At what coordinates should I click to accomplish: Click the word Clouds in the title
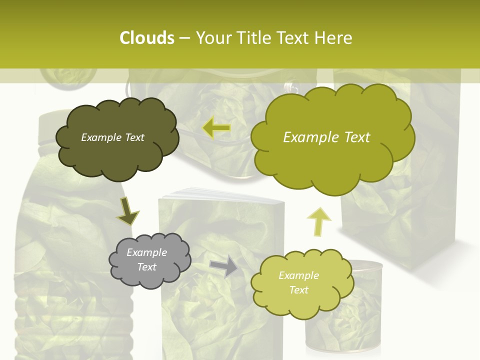point(146,38)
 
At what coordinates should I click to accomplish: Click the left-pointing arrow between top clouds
point(216,128)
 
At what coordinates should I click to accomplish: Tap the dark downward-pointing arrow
point(128,211)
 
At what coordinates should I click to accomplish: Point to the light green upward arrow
point(319,221)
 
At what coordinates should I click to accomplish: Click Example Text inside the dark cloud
point(112,137)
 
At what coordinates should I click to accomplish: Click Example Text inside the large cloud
point(326,137)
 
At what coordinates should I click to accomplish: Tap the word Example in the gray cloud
point(146,252)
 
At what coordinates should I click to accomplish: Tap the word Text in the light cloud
point(298,290)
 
